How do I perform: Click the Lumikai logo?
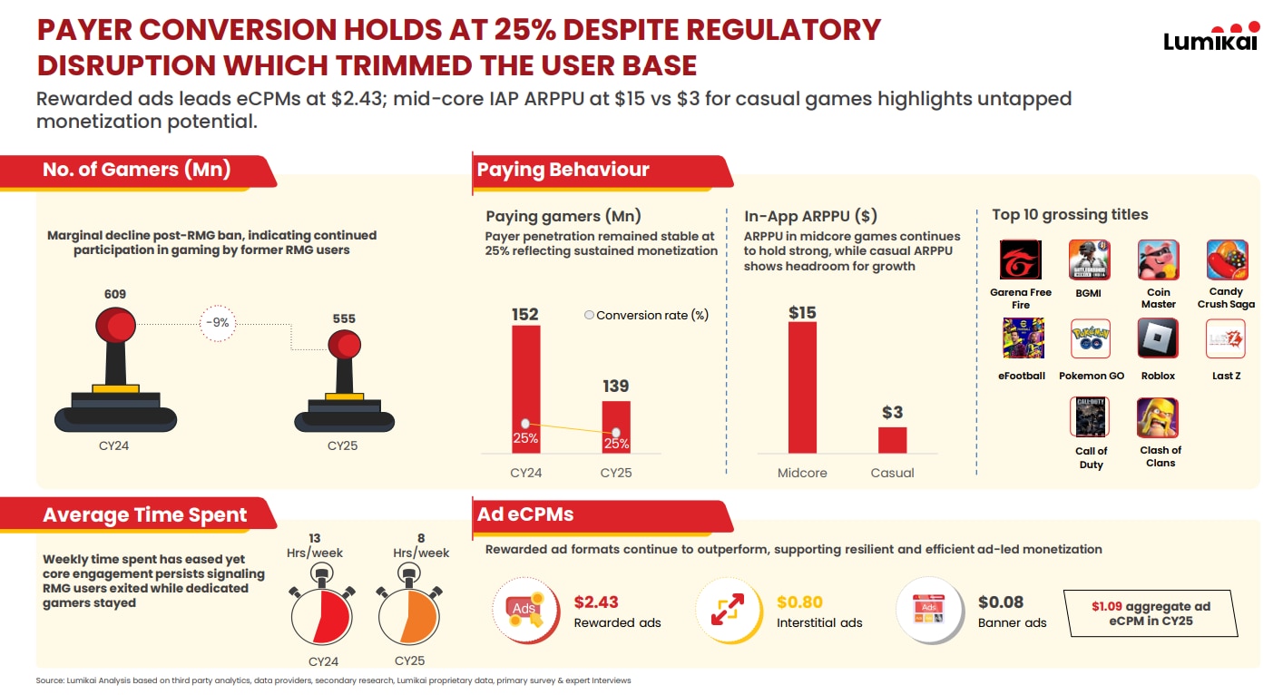pos(1210,37)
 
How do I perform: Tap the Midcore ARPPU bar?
pos(802,387)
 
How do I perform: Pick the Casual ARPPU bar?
pos(893,439)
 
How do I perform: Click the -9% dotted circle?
pos(217,323)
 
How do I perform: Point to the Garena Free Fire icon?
pos(1021,260)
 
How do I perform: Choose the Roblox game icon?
pos(1158,338)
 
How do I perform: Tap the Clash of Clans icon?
pos(1158,417)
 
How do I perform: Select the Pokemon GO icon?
pos(1091,338)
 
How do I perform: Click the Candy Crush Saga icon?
pos(1226,260)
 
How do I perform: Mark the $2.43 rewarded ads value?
pos(596,602)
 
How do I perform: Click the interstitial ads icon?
pos(727,609)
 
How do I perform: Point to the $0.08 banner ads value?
pos(1000,602)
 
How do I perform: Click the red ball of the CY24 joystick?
pos(115,325)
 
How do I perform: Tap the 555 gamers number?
pos(344,318)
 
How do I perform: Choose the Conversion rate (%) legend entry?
pos(645,315)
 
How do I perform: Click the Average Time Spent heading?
pos(145,515)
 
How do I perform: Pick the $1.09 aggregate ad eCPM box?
pos(1151,613)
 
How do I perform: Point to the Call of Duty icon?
pos(1091,417)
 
